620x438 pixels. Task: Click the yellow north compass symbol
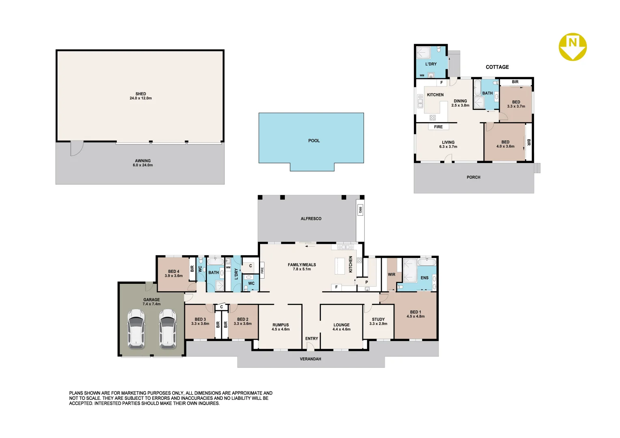pos(573,47)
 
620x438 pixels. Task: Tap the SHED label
pos(141,94)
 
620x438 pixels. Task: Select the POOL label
pos(314,141)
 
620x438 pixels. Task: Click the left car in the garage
pos(136,328)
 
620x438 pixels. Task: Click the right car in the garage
pos(167,328)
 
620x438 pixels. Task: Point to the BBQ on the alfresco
pos(360,210)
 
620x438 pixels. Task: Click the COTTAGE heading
pos(497,67)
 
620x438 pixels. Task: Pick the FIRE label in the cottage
pos(438,127)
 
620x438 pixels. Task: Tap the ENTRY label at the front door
pos(312,339)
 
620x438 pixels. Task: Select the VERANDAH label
pos(310,359)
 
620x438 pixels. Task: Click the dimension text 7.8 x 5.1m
pos(302,269)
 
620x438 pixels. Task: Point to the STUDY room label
pos(378,319)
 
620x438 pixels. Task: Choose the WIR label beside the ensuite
pos(392,275)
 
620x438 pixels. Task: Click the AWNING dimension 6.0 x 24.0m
pos(143,165)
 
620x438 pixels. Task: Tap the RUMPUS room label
pos(280,325)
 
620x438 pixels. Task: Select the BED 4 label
pos(174,271)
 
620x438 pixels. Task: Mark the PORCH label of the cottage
pos(473,177)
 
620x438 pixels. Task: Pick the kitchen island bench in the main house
pos(339,266)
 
